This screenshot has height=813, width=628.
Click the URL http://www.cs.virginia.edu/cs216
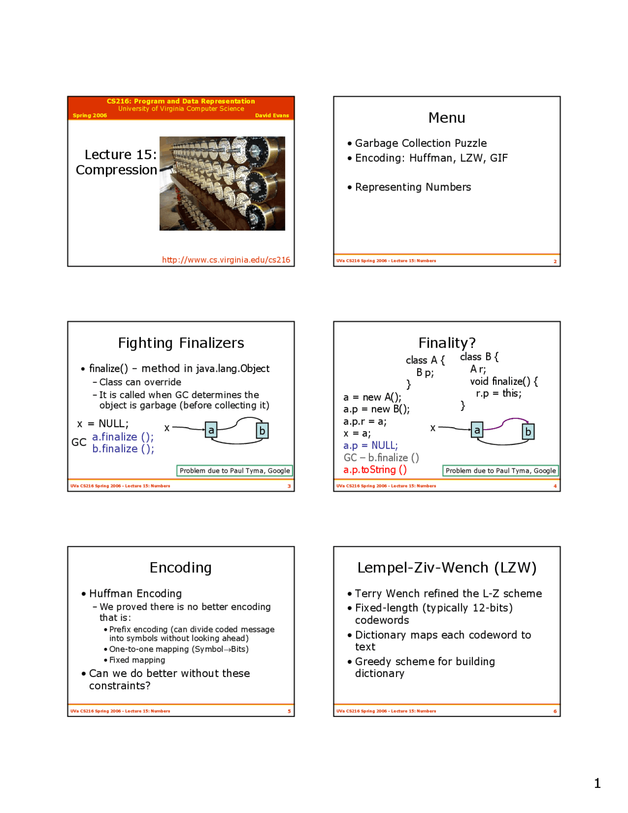click(x=226, y=260)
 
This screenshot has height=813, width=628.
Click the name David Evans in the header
click(x=272, y=116)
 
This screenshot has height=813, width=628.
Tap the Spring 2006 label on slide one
click(x=90, y=116)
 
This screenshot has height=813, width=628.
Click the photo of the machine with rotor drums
click(x=222, y=183)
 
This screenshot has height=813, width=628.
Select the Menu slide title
click(x=446, y=118)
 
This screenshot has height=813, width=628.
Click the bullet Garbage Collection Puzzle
click(x=420, y=143)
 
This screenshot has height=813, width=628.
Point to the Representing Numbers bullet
click(x=413, y=187)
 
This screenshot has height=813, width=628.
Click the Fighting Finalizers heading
click(x=181, y=343)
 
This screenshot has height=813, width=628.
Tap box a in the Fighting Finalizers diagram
click(x=211, y=430)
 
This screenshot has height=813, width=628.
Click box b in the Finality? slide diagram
click(x=528, y=432)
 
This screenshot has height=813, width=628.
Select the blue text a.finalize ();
click(x=123, y=437)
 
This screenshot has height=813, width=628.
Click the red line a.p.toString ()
click(x=375, y=470)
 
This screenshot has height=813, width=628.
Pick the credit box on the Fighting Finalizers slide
click(x=235, y=471)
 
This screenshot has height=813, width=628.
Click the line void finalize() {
click(x=503, y=381)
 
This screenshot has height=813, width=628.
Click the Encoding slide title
click(x=181, y=568)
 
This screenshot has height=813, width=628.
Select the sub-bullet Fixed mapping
click(x=137, y=660)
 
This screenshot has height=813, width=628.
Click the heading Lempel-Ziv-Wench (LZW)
click(x=446, y=568)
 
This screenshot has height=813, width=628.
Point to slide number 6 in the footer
click(x=555, y=711)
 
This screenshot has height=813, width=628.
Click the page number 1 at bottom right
click(x=597, y=783)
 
